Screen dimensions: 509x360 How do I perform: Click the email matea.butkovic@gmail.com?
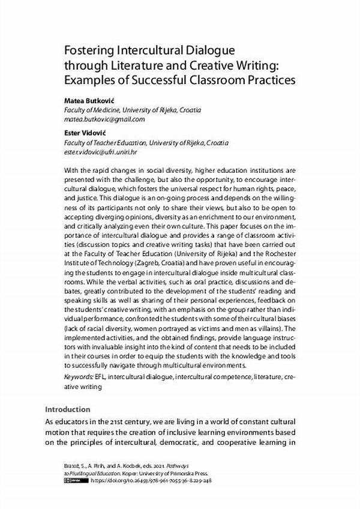point(104,119)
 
